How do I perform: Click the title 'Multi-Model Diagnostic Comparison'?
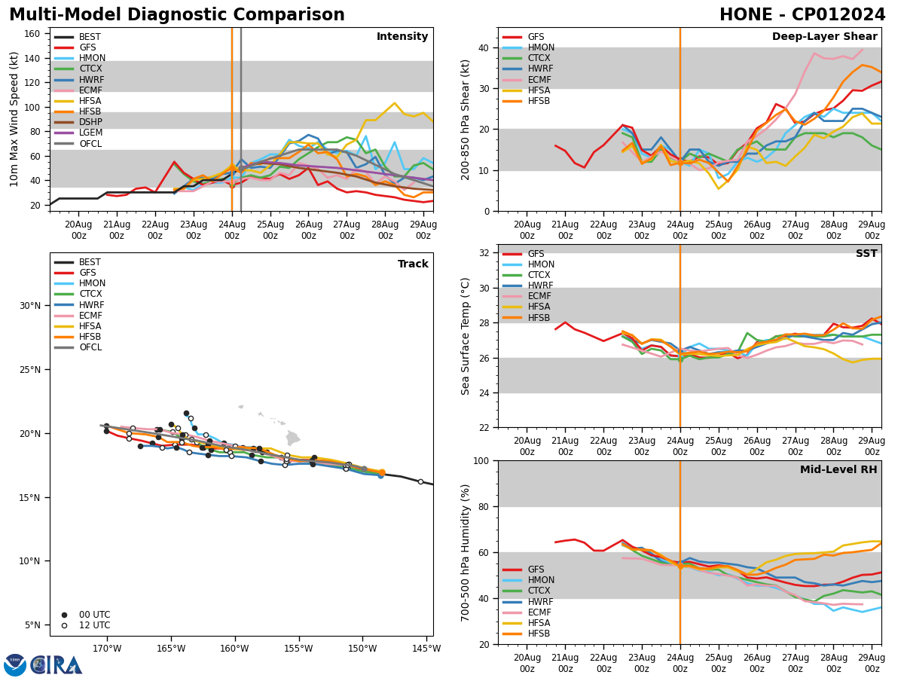[x=177, y=15]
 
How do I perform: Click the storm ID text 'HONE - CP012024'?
[x=802, y=15]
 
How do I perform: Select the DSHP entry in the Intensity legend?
[x=90, y=122]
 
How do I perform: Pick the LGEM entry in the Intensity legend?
[x=90, y=133]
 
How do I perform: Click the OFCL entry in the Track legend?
[x=90, y=347]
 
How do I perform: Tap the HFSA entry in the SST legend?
[x=539, y=307]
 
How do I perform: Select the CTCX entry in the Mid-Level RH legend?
[x=539, y=591]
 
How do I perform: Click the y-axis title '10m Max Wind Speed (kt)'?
[x=14, y=119]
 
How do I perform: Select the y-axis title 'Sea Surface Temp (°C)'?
[x=466, y=336]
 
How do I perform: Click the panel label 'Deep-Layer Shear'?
[x=824, y=37]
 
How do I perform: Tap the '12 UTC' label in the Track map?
[x=93, y=625]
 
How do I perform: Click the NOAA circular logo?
[x=15, y=664]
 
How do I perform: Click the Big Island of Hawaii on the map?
[x=292, y=438]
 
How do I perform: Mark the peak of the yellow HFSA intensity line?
[x=394, y=103]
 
